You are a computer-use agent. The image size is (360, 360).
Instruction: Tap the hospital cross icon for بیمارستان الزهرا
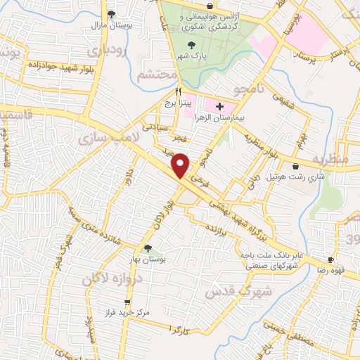[x=220, y=107]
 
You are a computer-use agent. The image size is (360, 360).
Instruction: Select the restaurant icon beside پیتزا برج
[x=179, y=92]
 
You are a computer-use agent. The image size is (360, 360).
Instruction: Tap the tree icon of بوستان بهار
[x=148, y=248]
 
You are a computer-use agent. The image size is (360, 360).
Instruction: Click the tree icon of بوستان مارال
[x=112, y=13]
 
